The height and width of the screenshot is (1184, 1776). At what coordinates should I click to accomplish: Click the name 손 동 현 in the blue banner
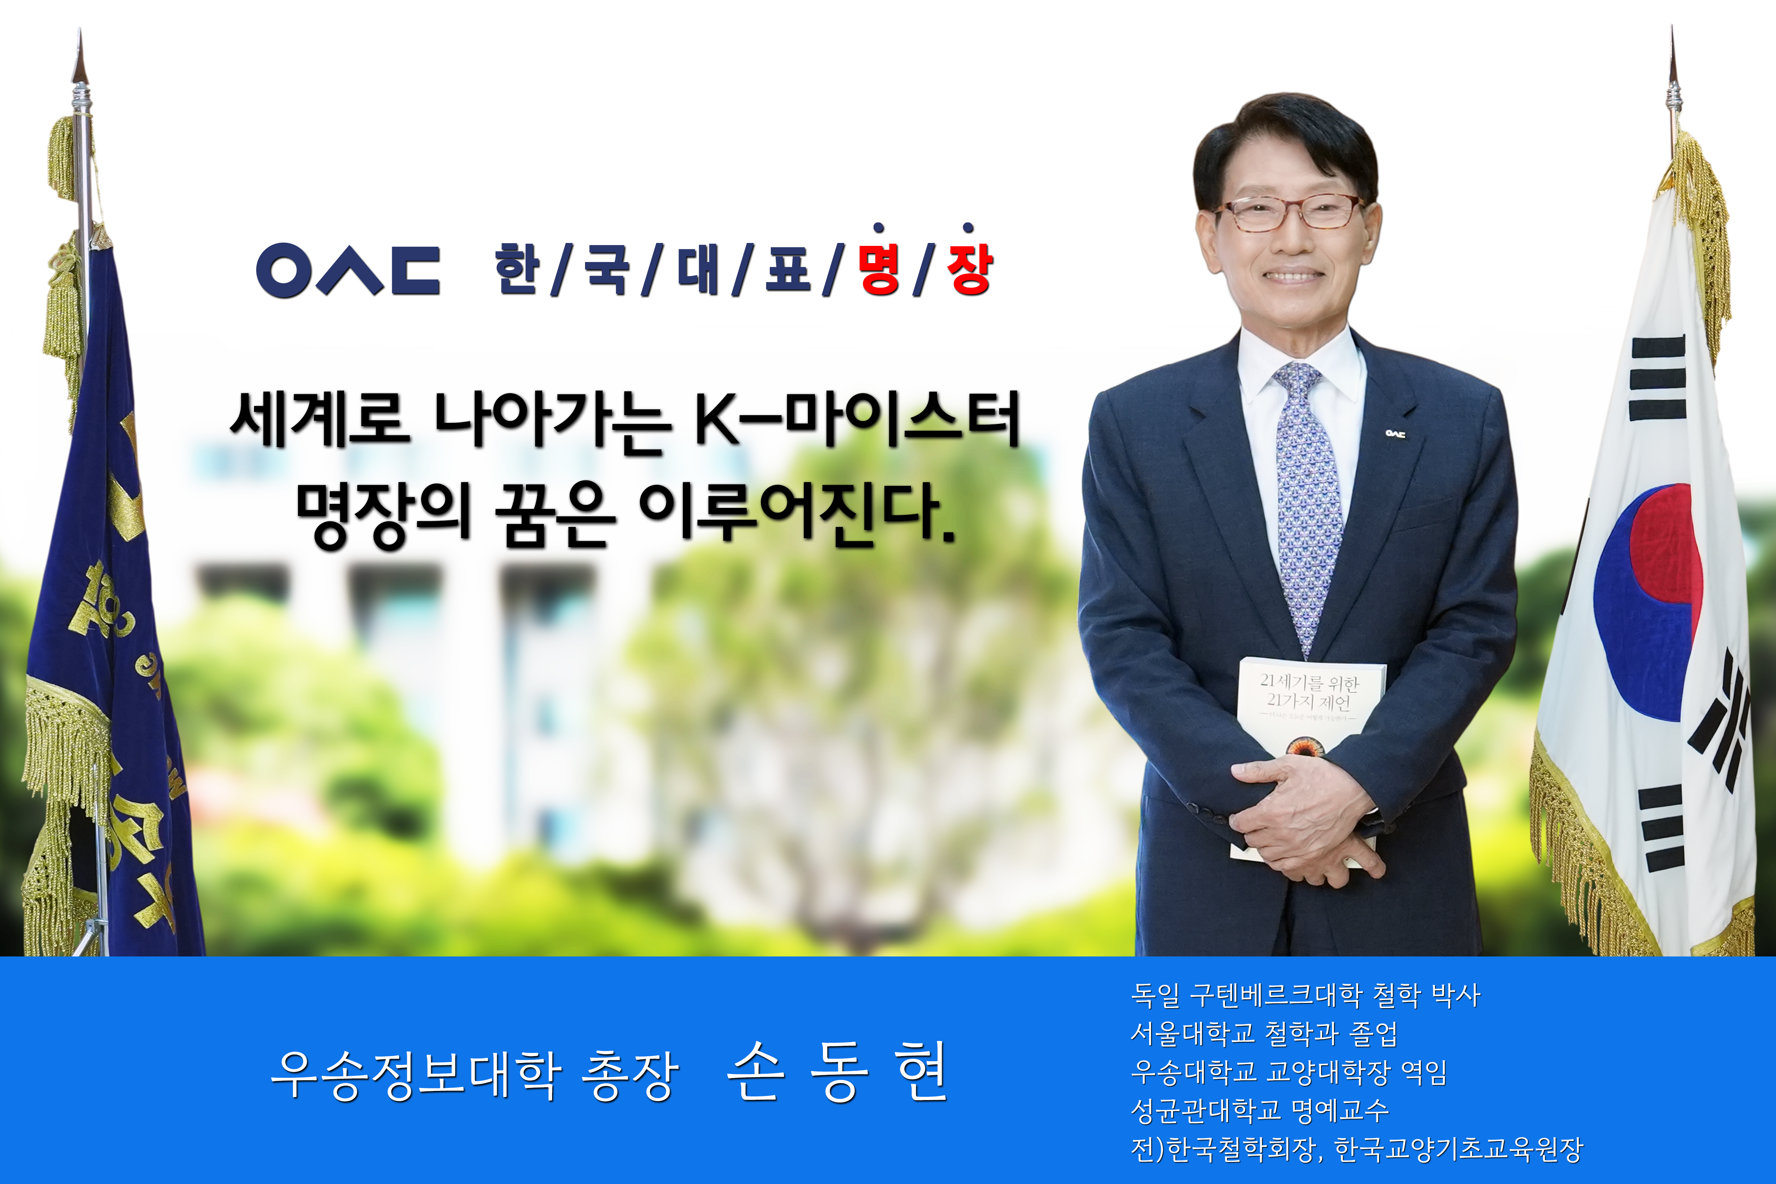click(x=836, y=1072)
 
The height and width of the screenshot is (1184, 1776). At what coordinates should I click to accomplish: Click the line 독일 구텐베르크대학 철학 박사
click(x=1305, y=995)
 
